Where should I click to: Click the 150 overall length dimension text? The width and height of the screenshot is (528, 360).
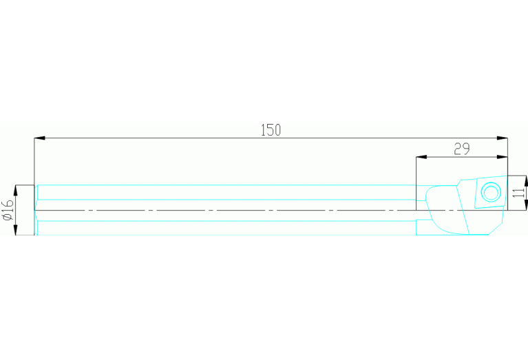click(271, 130)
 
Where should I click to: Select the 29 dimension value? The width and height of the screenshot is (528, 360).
click(462, 149)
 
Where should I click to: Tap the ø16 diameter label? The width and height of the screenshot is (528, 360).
click(8, 210)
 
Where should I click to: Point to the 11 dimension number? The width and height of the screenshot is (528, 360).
click(519, 193)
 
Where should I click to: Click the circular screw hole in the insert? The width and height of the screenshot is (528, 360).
click(491, 192)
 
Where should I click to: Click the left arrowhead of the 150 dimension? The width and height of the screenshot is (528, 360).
click(39, 138)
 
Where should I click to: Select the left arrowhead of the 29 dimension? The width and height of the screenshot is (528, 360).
click(421, 157)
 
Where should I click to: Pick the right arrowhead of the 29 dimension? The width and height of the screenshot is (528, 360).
click(502, 157)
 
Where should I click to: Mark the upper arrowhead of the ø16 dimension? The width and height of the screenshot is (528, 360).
click(16, 190)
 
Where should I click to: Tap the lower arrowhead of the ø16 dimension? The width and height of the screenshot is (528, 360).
click(16, 229)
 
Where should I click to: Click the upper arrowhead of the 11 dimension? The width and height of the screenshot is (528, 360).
click(526, 181)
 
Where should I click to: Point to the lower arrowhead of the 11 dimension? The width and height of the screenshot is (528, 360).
click(526, 204)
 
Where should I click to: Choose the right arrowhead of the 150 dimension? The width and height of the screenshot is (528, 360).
click(502, 138)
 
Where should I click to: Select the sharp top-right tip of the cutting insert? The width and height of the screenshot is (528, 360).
click(507, 176)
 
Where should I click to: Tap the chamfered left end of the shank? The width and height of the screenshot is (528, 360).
click(36, 210)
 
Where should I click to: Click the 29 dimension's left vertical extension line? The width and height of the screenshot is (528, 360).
click(416, 184)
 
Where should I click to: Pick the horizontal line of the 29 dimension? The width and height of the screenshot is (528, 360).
click(462, 157)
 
